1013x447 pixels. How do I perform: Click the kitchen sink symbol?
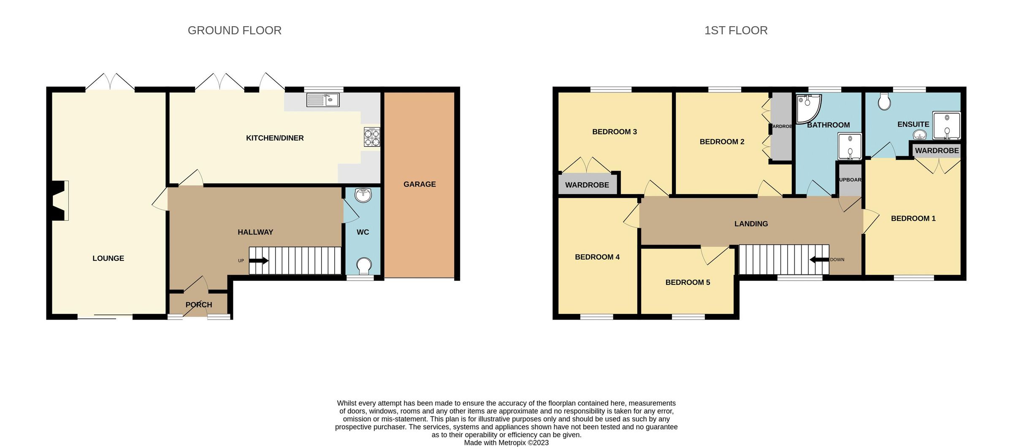[x=323, y=100]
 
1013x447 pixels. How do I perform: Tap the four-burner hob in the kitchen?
[x=372, y=137]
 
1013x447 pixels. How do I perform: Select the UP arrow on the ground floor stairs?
[x=259, y=260]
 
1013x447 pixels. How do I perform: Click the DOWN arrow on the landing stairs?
[x=819, y=260]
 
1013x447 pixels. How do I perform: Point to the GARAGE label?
[x=419, y=184]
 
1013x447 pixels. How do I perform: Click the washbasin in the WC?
[x=363, y=195]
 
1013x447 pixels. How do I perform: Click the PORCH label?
[x=198, y=304]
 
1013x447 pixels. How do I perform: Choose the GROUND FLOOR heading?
[x=234, y=30]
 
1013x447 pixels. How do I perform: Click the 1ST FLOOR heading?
[x=736, y=30]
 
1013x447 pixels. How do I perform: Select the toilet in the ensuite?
[x=884, y=101]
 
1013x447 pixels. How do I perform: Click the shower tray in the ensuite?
[x=946, y=125]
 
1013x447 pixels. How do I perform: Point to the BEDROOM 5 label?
[x=688, y=282]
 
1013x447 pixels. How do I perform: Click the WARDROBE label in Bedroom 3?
[x=587, y=185]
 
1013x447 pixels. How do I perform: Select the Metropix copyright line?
[x=506, y=442]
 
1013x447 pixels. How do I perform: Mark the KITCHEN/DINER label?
[x=275, y=138]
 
